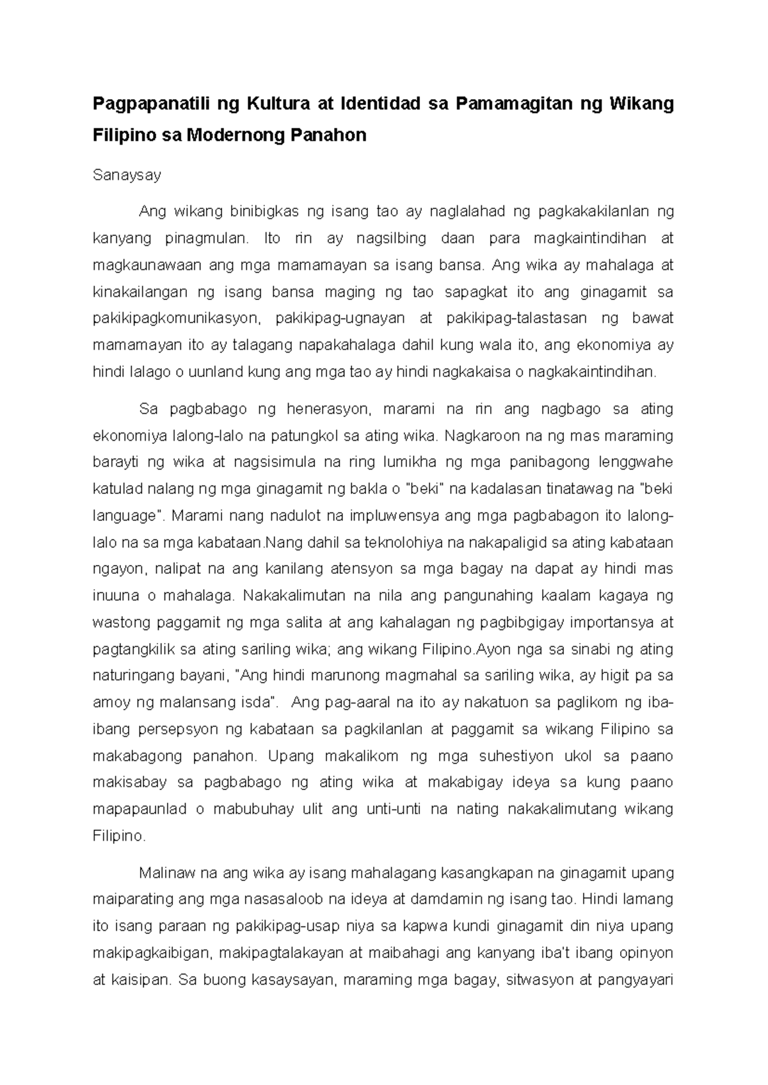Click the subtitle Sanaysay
[127, 175]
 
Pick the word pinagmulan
[205, 239]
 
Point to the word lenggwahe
[636, 463]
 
